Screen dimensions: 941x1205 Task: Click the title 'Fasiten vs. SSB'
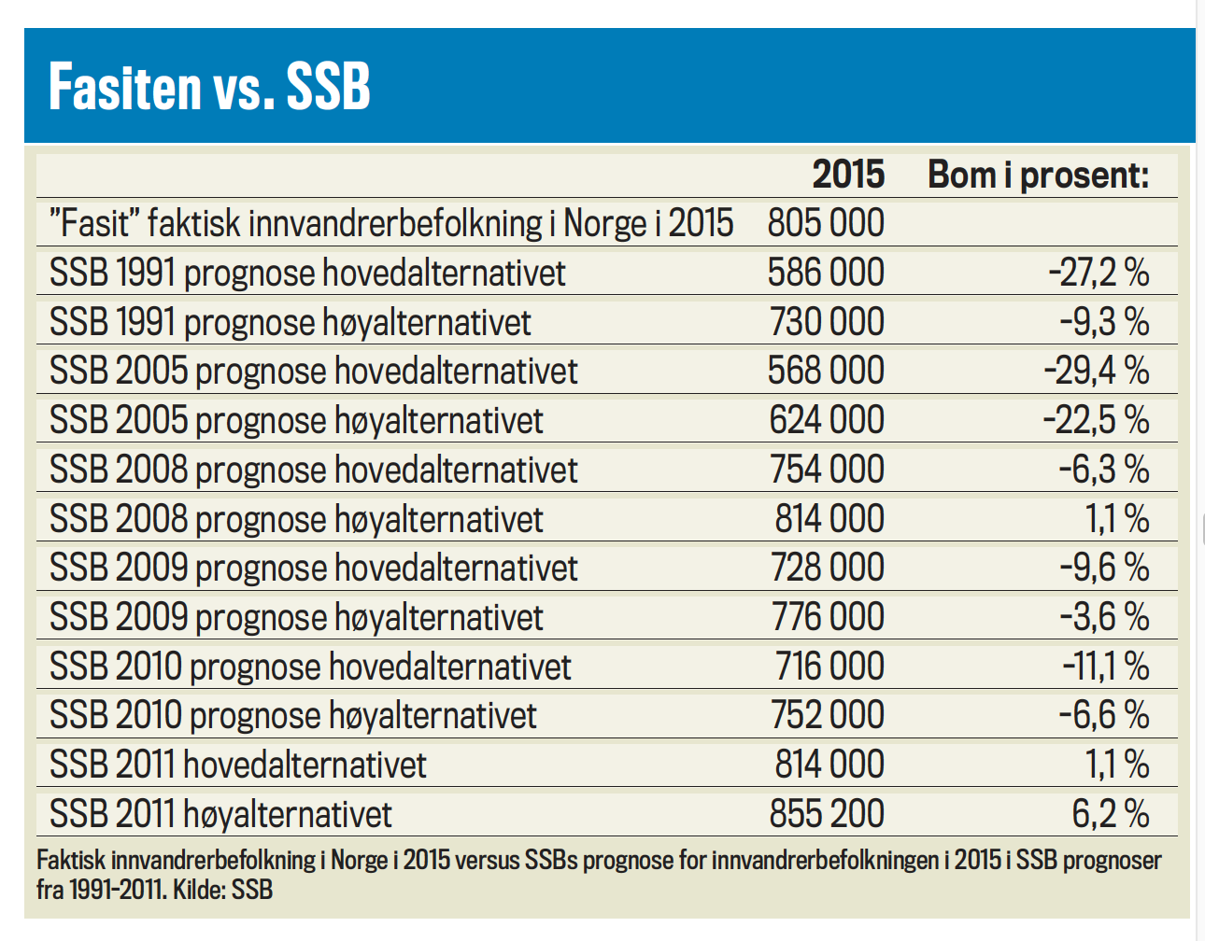click(x=209, y=87)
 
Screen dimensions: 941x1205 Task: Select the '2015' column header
click(x=847, y=175)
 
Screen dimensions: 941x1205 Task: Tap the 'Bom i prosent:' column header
click(x=1038, y=175)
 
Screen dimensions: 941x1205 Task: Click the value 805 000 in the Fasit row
click(x=826, y=223)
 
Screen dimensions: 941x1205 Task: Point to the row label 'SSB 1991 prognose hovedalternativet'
click(x=307, y=273)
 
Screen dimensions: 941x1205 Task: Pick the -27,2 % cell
click(x=1098, y=273)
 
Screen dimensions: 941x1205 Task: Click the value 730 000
click(x=827, y=322)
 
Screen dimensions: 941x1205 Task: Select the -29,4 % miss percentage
click(x=1096, y=371)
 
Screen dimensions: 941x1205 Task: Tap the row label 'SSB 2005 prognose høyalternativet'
click(x=296, y=420)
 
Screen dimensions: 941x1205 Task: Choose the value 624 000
click(x=827, y=420)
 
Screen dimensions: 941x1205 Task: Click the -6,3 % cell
click(x=1103, y=469)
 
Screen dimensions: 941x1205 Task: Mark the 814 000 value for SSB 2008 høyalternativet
click(x=829, y=518)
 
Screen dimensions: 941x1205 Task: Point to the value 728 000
click(x=827, y=568)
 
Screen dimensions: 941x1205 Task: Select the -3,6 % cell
click(x=1103, y=617)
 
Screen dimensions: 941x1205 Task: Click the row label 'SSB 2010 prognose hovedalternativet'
click(x=310, y=667)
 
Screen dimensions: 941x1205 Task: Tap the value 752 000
click(x=827, y=715)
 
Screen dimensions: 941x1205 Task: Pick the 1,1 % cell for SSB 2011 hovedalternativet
click(x=1116, y=765)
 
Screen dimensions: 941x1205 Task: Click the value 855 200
click(x=827, y=814)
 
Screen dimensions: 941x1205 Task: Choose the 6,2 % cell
click(x=1110, y=814)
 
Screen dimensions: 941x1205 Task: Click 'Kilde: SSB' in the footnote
click(x=222, y=890)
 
